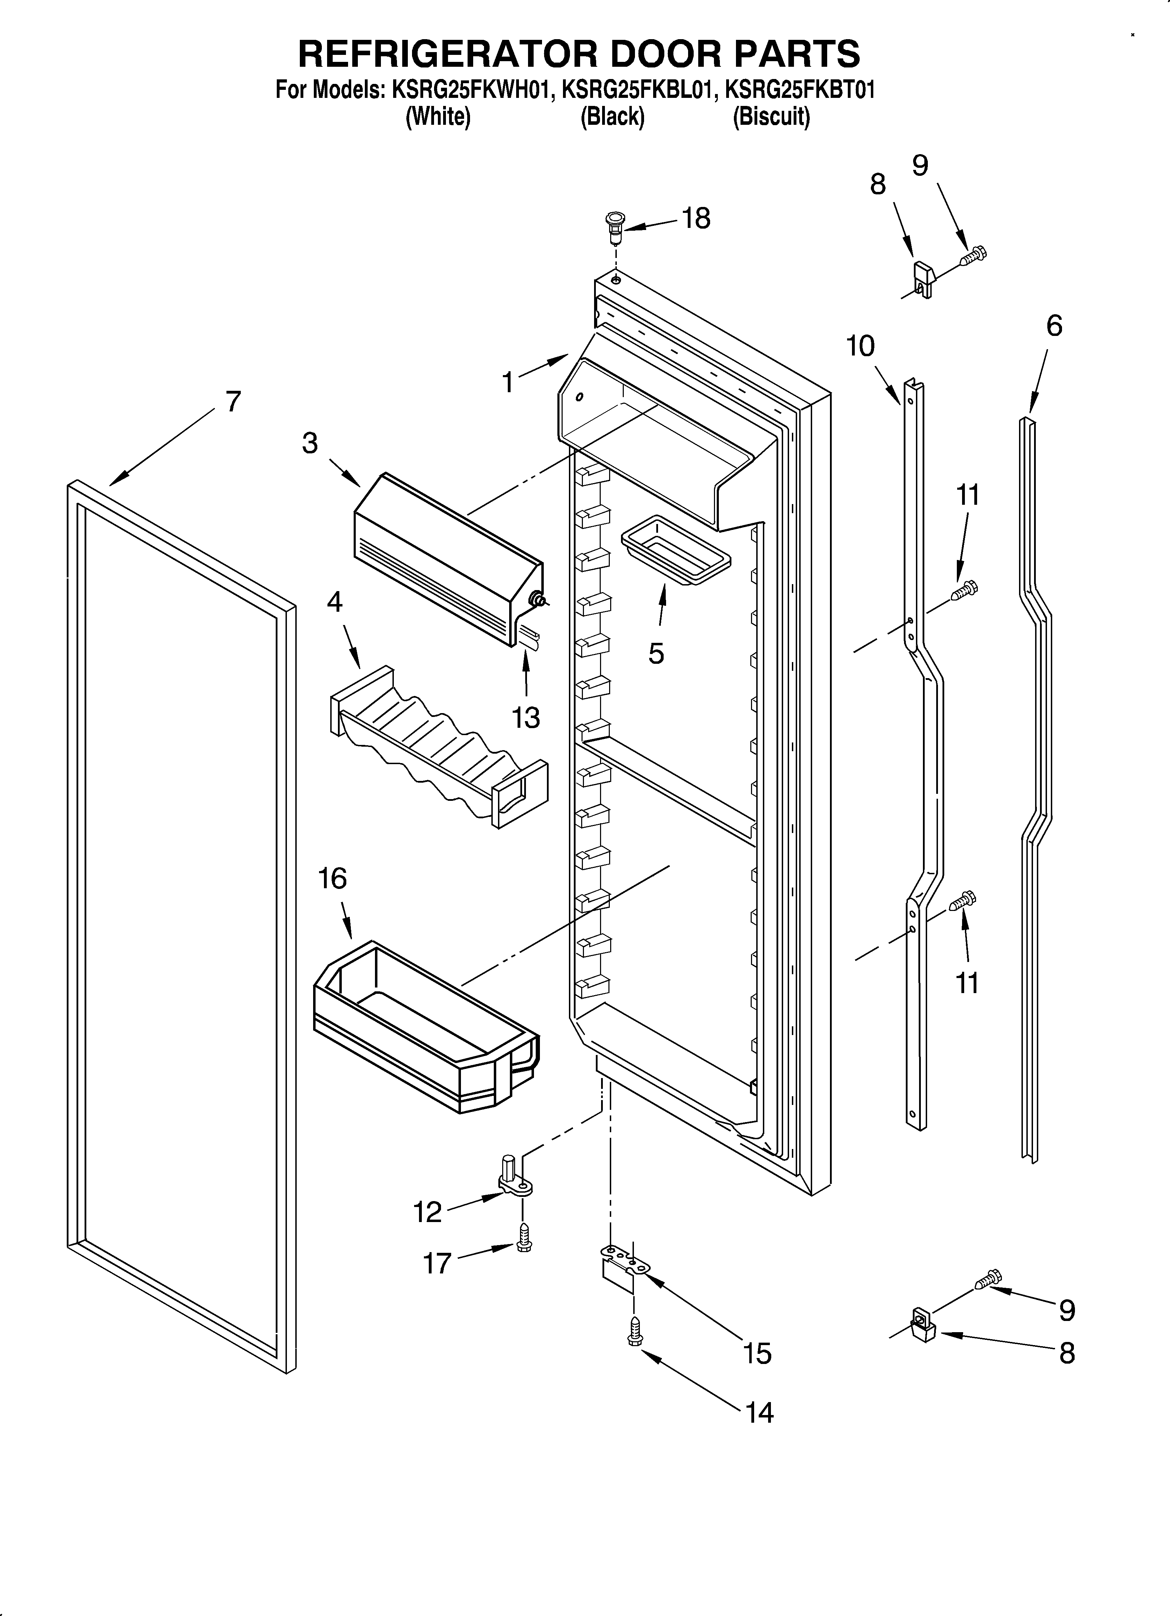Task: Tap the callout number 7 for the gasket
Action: (x=233, y=402)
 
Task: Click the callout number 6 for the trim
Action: (x=1054, y=326)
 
